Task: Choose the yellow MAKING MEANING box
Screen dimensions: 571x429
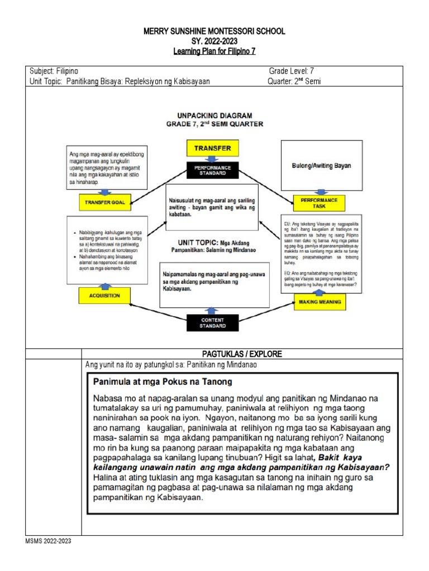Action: (x=319, y=302)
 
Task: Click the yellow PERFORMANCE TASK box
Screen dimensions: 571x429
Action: (x=319, y=202)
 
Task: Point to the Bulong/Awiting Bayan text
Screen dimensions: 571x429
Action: (x=319, y=166)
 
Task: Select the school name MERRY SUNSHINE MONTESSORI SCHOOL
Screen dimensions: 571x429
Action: (x=214, y=32)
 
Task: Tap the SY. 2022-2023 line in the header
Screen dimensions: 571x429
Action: (x=214, y=42)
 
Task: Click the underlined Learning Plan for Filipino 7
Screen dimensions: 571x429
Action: (x=214, y=52)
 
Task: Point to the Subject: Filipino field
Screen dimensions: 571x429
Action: (x=54, y=71)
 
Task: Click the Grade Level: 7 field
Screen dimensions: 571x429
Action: (x=292, y=71)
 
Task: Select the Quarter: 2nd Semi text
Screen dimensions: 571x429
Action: (x=294, y=81)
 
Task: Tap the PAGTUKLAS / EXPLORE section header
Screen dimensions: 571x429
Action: (x=241, y=354)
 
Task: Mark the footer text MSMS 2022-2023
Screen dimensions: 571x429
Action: (x=48, y=541)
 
